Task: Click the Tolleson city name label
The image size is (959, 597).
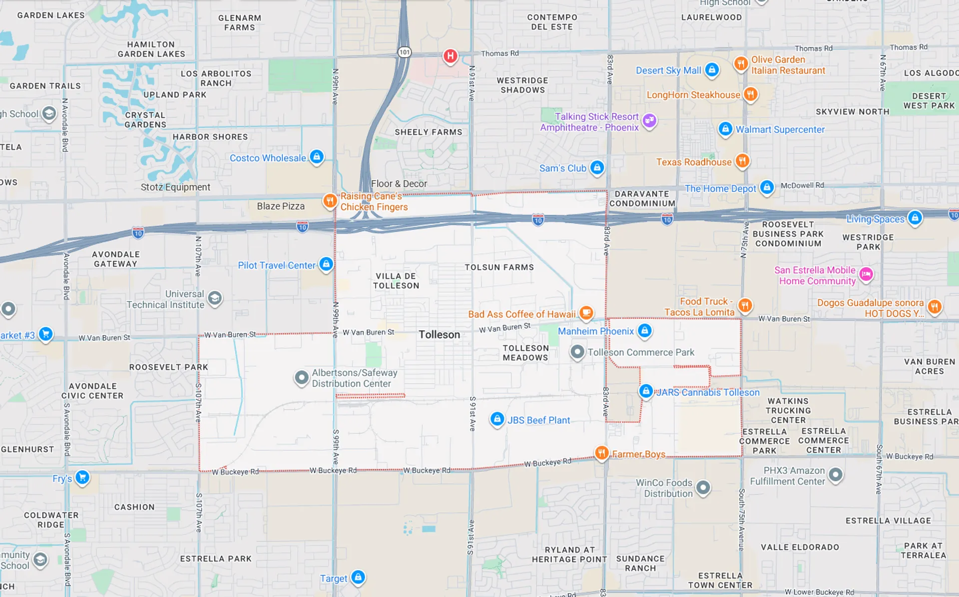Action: click(x=439, y=335)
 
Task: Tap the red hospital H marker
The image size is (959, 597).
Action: click(x=450, y=56)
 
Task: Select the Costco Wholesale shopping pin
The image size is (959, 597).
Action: click(x=316, y=157)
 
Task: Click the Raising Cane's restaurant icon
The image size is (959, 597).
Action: click(x=330, y=200)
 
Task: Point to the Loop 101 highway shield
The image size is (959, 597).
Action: click(x=404, y=52)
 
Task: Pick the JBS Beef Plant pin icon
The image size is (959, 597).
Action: click(x=497, y=419)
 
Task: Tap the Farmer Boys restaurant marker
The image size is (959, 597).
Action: click(x=602, y=453)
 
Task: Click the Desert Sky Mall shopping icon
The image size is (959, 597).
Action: click(x=712, y=69)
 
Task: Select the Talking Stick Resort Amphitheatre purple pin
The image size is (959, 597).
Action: click(x=649, y=120)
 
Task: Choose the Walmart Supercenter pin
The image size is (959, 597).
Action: click(x=725, y=129)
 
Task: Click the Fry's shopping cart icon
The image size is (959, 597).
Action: click(x=82, y=477)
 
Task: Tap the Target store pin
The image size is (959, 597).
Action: click(x=358, y=577)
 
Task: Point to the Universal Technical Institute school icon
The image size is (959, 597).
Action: click(x=215, y=298)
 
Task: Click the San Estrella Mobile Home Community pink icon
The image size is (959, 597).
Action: click(x=866, y=274)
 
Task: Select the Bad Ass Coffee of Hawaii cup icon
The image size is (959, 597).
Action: click(x=586, y=313)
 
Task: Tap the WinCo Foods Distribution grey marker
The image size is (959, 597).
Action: click(x=703, y=487)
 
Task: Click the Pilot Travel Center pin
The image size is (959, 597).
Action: click(x=326, y=264)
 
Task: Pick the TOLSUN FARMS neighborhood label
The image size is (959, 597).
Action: click(x=499, y=267)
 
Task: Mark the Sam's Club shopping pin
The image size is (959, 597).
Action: click(x=597, y=167)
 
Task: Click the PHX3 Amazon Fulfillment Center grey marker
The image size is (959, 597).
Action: click(x=835, y=475)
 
